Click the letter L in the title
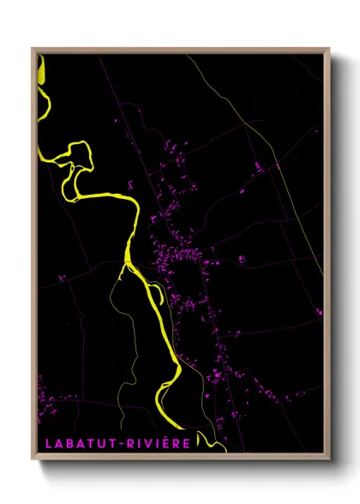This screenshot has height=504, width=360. click(45, 443)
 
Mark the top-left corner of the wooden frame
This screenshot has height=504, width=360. click(33, 48)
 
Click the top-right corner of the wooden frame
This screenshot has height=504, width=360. click(329, 48)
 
